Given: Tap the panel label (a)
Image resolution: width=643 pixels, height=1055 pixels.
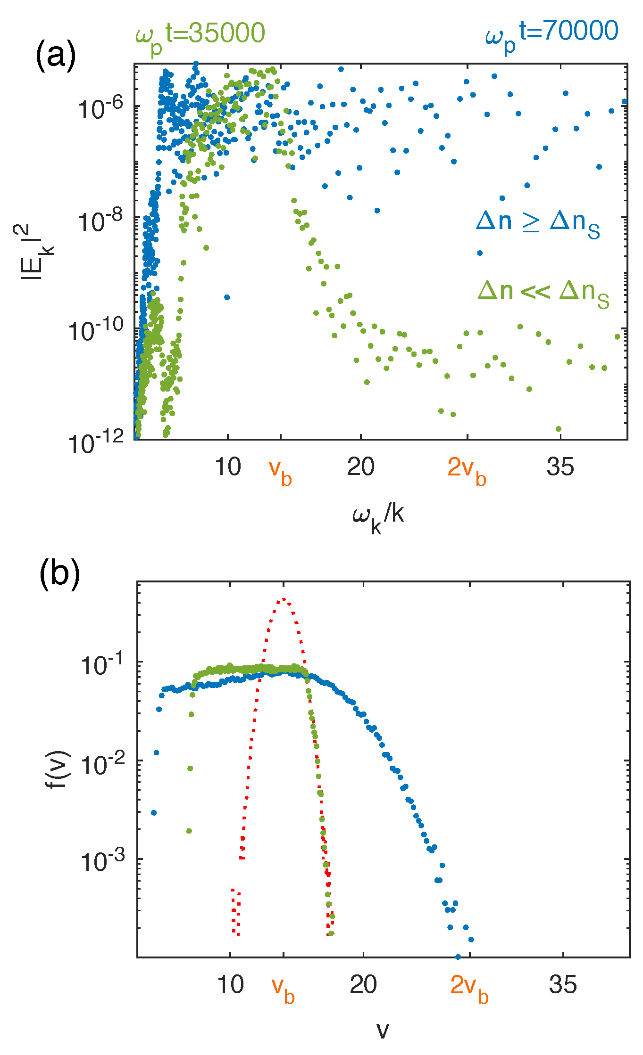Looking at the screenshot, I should click(x=55, y=56).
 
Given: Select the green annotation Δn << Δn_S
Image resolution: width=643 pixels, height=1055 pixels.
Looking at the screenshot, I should click(x=543, y=293).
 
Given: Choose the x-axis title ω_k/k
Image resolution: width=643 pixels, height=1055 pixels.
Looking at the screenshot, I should click(x=378, y=516).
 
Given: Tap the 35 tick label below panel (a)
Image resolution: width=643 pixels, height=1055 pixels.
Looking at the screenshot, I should click(x=560, y=467).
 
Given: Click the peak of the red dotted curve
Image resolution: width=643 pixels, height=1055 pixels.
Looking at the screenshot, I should click(x=284, y=599).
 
